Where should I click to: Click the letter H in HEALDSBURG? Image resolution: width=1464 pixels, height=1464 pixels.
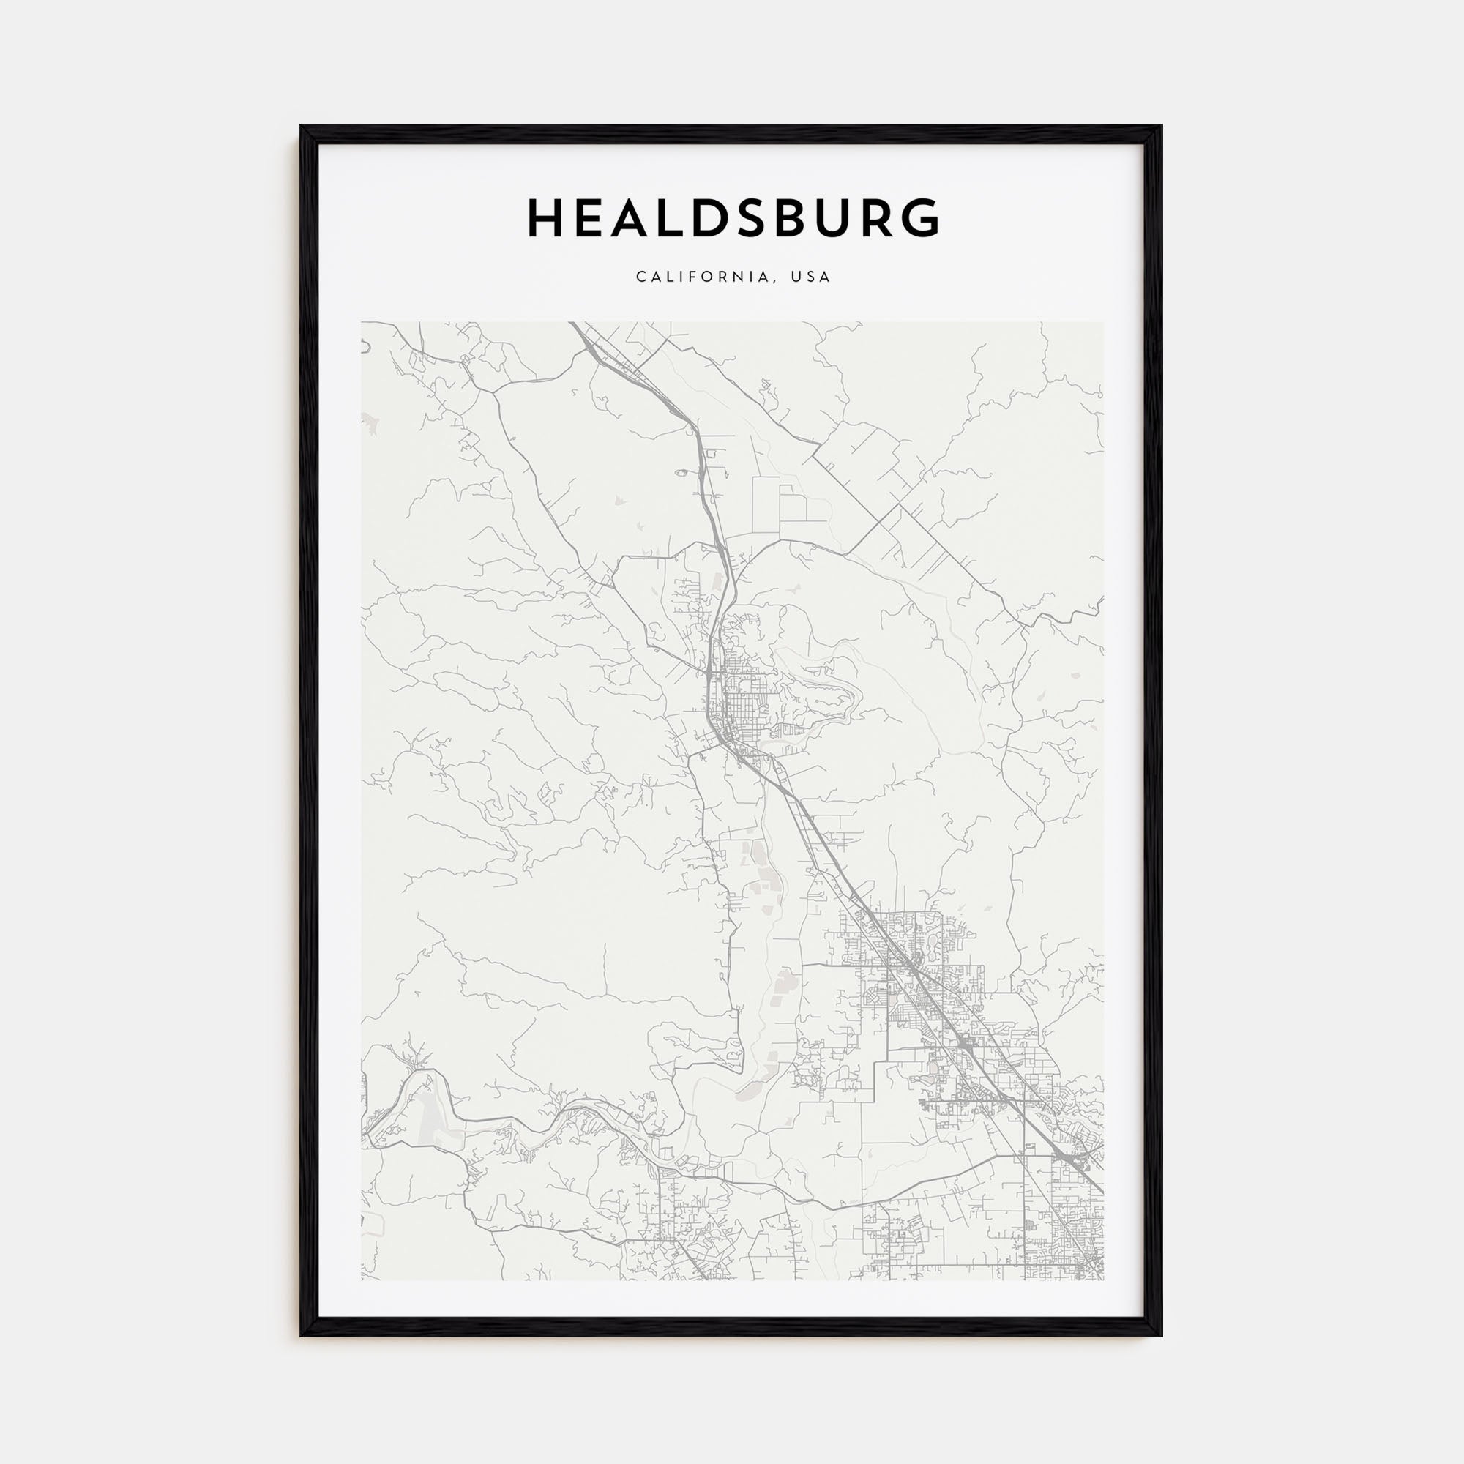(545, 218)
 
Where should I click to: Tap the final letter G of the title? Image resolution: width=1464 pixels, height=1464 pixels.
(920, 218)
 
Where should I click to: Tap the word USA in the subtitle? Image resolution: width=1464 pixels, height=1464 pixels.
(810, 277)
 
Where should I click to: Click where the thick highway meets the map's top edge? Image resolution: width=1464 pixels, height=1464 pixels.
(573, 324)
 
